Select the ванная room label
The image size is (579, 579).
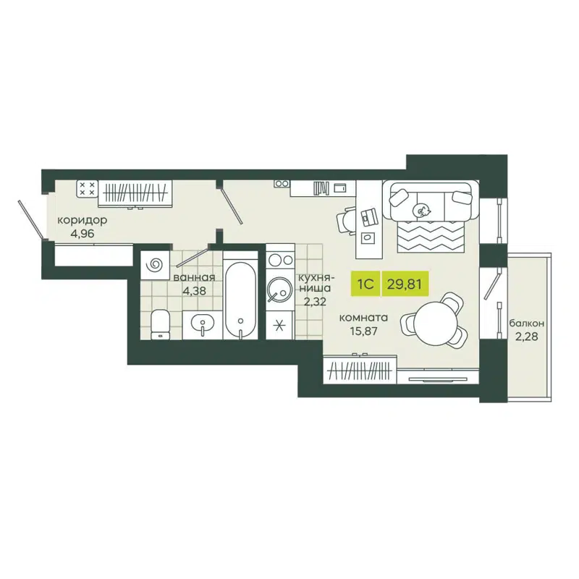(x=193, y=278)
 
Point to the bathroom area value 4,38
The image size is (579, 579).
(x=193, y=292)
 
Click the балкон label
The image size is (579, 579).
(x=527, y=324)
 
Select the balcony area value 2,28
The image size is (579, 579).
(x=527, y=337)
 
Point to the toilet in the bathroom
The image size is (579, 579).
(x=159, y=324)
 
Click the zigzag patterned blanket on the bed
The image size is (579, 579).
(x=432, y=235)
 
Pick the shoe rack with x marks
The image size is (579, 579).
(x=87, y=190)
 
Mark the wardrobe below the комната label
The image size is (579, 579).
(x=360, y=371)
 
